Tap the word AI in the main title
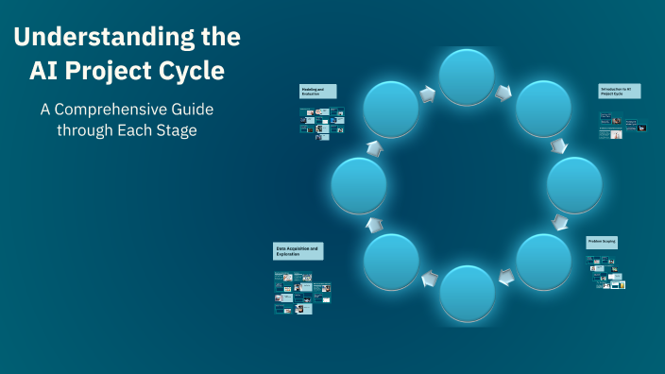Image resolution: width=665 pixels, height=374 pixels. tap(55, 72)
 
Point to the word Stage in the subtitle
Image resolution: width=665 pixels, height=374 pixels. tap(177, 130)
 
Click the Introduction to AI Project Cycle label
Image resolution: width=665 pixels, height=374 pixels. tap(620, 92)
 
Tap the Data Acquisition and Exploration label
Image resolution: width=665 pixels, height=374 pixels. tap(298, 251)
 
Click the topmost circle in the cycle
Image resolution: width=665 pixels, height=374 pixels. tap(467, 76)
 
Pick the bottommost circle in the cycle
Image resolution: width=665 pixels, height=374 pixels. tap(467, 293)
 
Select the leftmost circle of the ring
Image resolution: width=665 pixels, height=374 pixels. tap(359, 185)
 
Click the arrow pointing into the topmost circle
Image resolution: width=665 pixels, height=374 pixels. tap(426, 93)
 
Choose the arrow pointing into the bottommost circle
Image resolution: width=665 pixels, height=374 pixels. tap(506, 277)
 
